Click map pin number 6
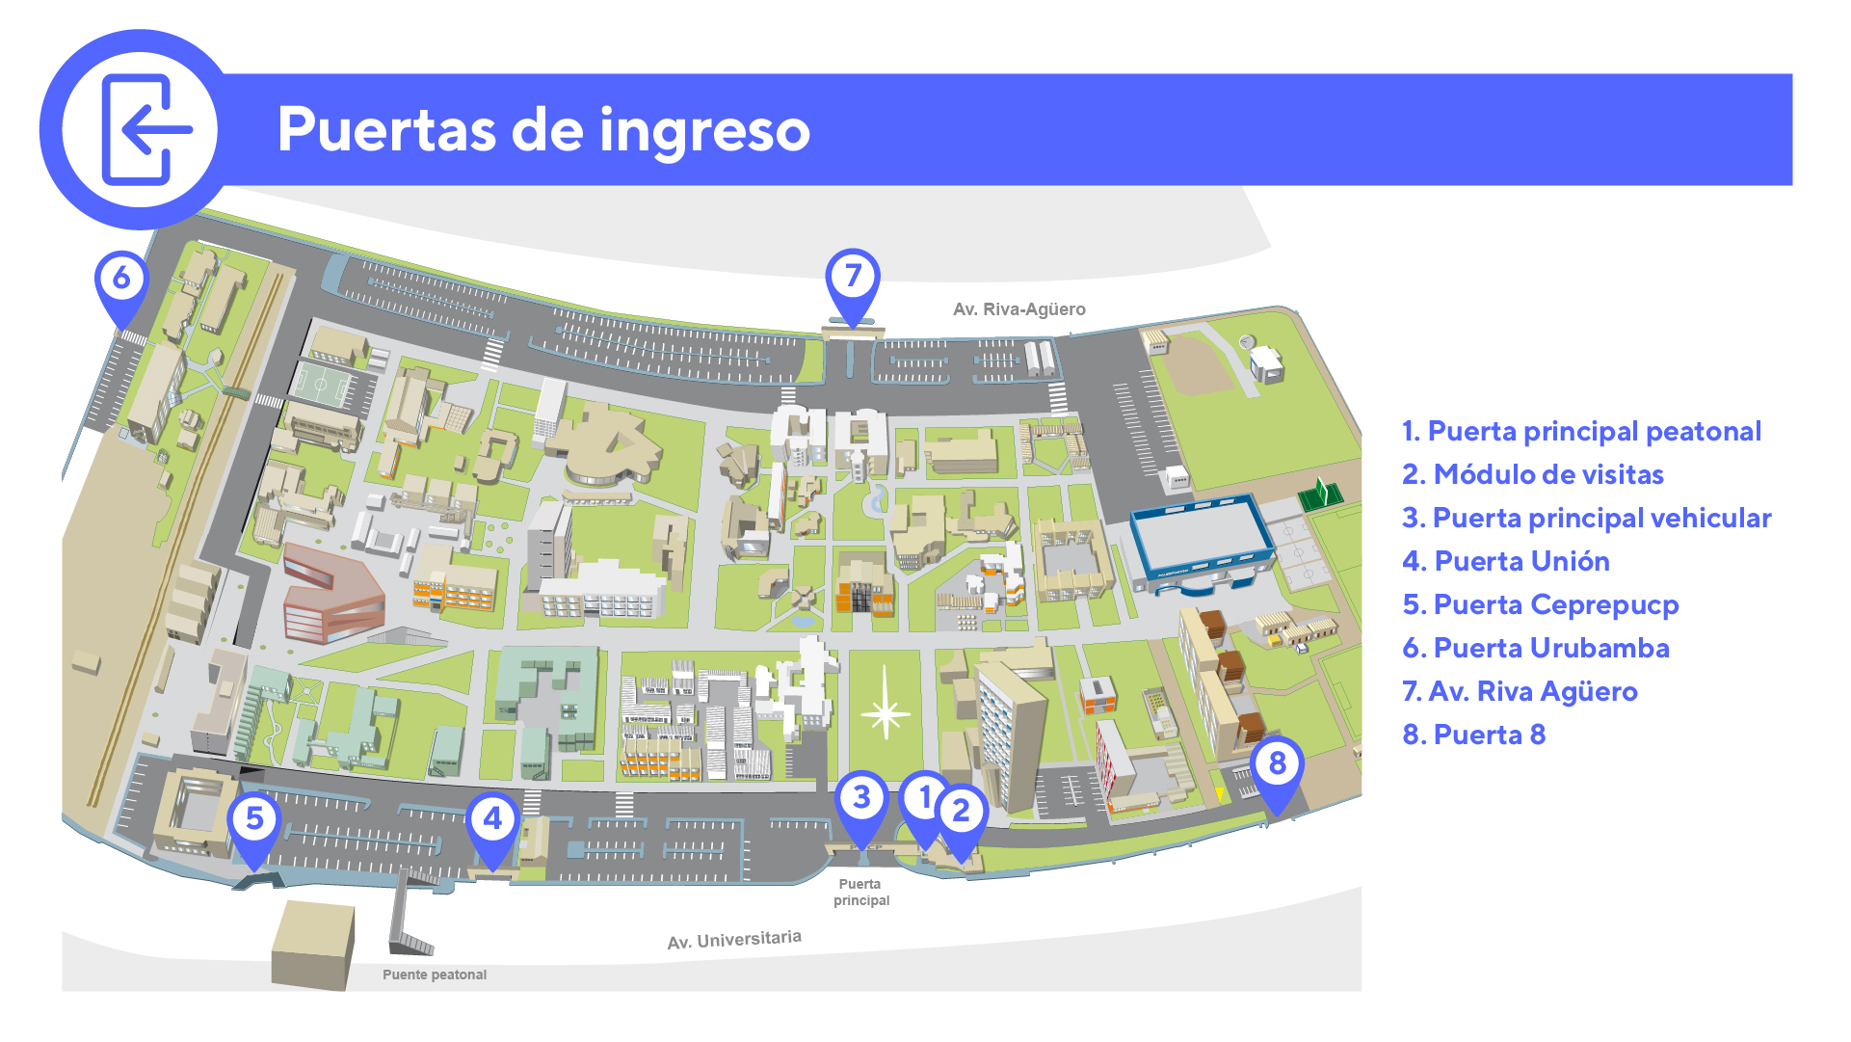[x=121, y=280]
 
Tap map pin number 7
[x=853, y=278]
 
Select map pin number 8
[x=1277, y=764]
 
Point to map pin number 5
[x=254, y=819]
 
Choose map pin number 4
[x=492, y=819]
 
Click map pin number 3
[x=861, y=798]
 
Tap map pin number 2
[x=962, y=812]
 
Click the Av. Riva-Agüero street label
[x=1018, y=309]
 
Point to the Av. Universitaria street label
[x=734, y=940]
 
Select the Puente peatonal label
[x=435, y=975]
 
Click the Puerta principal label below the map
[x=861, y=892]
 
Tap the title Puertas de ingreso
[x=543, y=130]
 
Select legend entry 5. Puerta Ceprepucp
[x=1540, y=604]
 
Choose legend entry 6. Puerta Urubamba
[x=1535, y=648]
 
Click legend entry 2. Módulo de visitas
[x=1532, y=474]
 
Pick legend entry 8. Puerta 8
[x=1473, y=735]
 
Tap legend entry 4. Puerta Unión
[x=1505, y=561]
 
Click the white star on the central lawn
[x=885, y=713]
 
